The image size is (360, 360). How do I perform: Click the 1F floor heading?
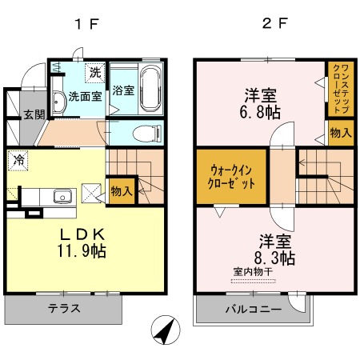86,24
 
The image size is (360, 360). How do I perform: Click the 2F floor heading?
275,23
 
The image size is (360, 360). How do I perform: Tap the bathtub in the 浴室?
150,89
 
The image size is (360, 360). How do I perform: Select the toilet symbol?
147,133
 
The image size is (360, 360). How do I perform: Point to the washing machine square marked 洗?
95,72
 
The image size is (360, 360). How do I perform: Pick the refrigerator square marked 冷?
18,160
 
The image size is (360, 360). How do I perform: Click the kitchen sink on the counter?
62,197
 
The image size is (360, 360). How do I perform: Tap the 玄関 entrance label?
34,114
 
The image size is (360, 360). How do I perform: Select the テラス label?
64,309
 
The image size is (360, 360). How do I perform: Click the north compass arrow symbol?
166,330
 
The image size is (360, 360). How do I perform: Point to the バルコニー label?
254,310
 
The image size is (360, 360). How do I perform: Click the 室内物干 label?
253,272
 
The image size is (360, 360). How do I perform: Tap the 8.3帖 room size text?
274,258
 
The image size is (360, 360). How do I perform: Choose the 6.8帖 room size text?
260,112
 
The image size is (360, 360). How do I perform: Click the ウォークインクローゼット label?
231,177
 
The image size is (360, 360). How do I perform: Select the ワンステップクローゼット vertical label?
341,89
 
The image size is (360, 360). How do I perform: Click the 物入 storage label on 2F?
341,133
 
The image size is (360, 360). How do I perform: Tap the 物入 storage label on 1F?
122,191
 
